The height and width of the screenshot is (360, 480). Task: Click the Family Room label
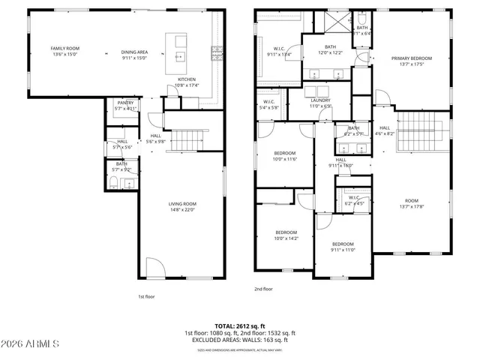66,51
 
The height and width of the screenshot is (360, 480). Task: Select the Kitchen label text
187,82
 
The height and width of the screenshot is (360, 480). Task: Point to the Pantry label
124,106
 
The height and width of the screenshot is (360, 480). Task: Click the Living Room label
181,206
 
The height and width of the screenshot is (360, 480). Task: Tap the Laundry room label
321,102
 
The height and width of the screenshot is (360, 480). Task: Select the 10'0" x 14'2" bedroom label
286,235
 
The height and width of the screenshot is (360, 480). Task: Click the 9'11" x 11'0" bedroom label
343,247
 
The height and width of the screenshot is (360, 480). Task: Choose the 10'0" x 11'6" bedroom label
285,155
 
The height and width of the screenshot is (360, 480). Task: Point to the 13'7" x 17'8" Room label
411,203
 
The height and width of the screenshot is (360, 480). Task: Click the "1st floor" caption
146,297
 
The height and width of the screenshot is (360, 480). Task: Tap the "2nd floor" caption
263,289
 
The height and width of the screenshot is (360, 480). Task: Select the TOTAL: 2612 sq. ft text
239,327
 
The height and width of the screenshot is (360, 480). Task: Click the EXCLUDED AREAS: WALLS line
239,339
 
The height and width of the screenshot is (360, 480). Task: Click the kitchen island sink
181,55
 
